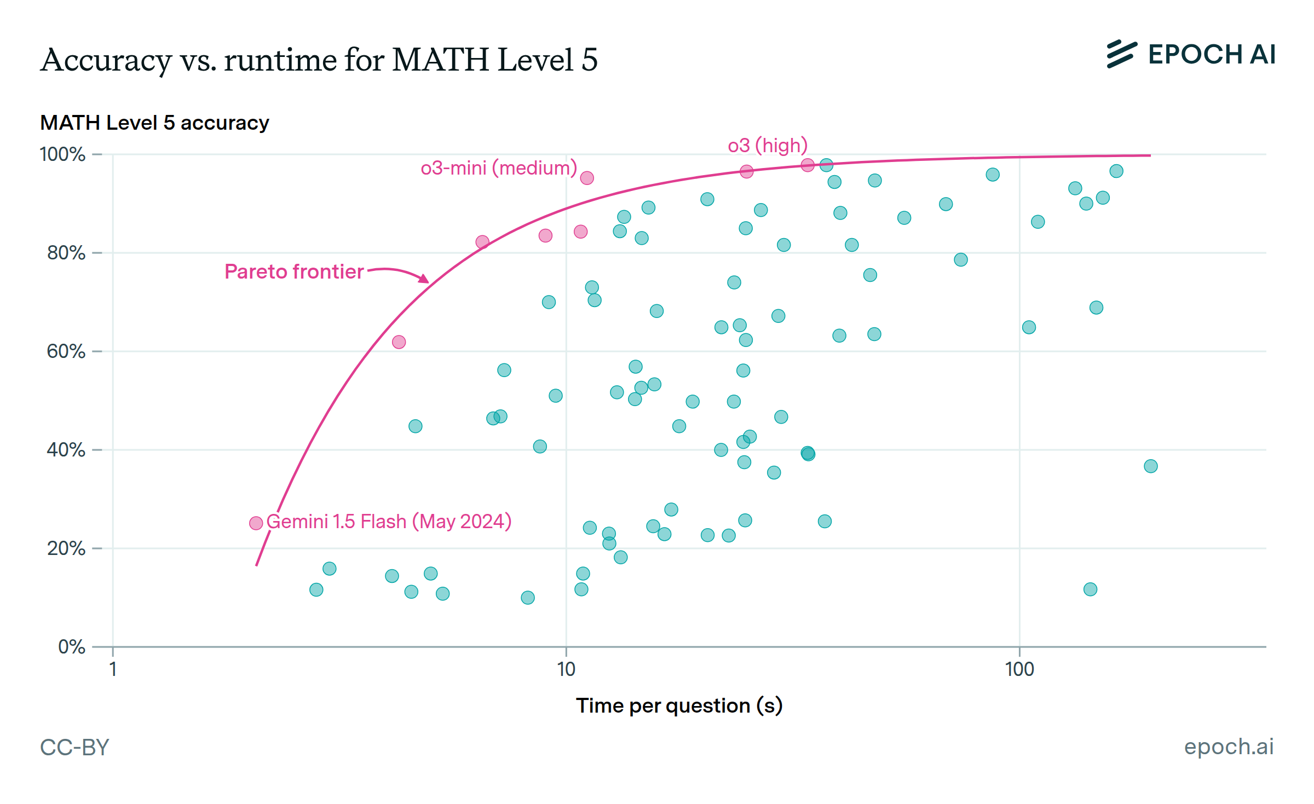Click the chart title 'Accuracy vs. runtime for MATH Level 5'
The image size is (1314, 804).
(x=319, y=60)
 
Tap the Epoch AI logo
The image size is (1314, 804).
(x=1191, y=55)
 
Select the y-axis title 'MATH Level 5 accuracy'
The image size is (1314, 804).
(x=154, y=123)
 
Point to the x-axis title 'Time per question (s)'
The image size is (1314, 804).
(x=679, y=706)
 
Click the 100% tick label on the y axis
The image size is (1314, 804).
(x=63, y=155)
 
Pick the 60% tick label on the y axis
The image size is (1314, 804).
(x=66, y=351)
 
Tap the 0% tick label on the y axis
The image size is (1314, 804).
(x=72, y=647)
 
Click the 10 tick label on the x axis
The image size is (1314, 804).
(x=566, y=669)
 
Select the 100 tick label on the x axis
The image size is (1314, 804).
(x=1019, y=669)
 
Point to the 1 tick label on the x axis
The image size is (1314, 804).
(x=113, y=669)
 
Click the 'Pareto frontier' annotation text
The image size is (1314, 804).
(x=294, y=272)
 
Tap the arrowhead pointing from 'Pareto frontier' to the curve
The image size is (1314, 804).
(x=424, y=279)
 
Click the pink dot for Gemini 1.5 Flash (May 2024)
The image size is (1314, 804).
(x=256, y=523)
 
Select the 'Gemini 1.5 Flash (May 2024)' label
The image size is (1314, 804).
(x=389, y=522)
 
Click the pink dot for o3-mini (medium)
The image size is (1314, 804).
(x=587, y=178)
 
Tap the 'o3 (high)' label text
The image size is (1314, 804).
(x=768, y=146)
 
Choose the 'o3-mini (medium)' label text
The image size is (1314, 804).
(x=499, y=168)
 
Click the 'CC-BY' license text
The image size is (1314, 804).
(x=75, y=748)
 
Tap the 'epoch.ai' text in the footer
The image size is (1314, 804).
(x=1229, y=747)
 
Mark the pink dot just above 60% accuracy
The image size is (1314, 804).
(x=399, y=342)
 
